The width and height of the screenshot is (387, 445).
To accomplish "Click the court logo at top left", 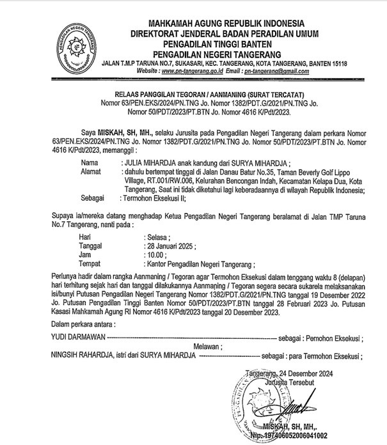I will click(x=75, y=40).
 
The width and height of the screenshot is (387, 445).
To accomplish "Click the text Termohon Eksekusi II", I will click(x=154, y=198).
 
